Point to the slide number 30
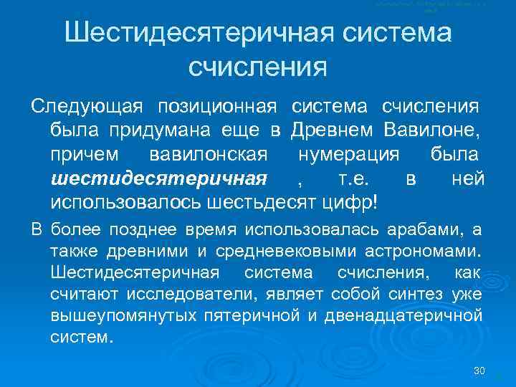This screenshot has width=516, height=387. [480, 371]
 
